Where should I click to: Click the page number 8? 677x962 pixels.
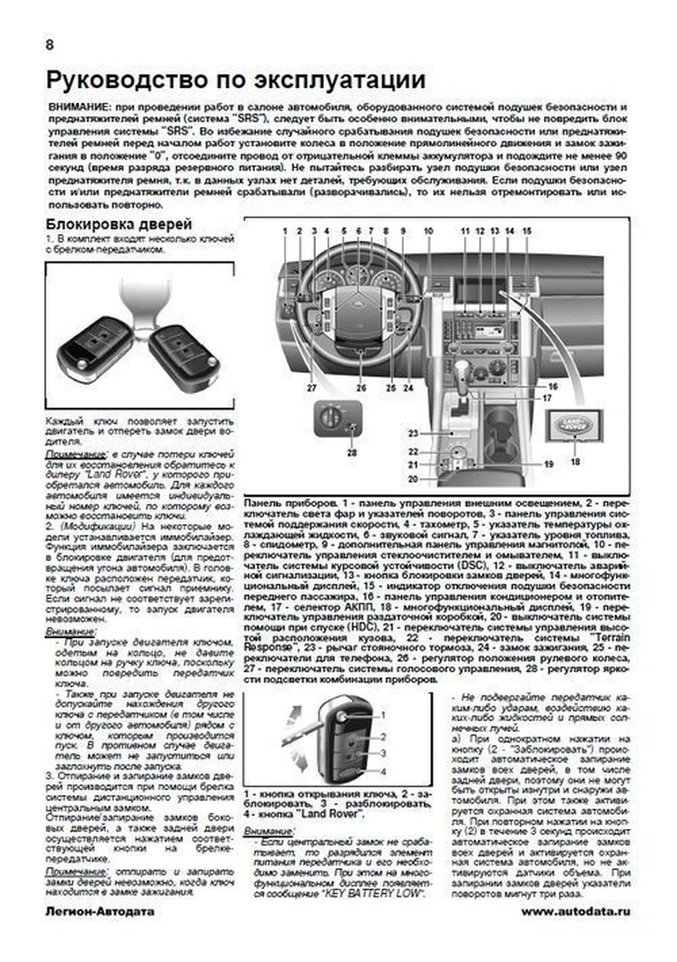pyautogui.click(x=50, y=45)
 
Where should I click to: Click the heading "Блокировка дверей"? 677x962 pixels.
pyautogui.click(x=119, y=224)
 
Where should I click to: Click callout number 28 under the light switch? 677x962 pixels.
pyautogui.click(x=351, y=452)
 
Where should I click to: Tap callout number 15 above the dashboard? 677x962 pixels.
pyautogui.click(x=526, y=231)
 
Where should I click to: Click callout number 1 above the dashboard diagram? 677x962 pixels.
pyautogui.click(x=285, y=231)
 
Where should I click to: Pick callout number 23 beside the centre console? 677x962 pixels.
pyautogui.click(x=414, y=433)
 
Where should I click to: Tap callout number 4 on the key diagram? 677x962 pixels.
pyautogui.click(x=383, y=771)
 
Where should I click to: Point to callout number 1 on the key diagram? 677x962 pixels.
pyautogui.click(x=383, y=715)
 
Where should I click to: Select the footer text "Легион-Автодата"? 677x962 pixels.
pyautogui.click(x=100, y=911)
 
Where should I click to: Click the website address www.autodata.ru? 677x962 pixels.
pyautogui.click(x=575, y=911)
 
